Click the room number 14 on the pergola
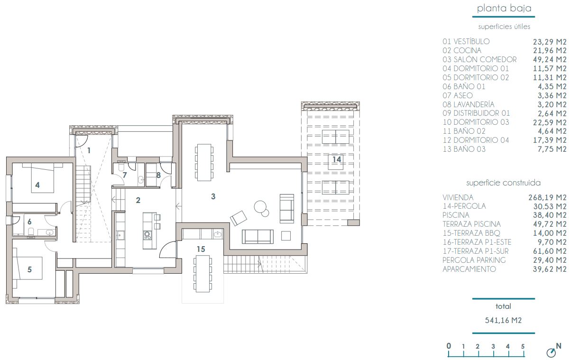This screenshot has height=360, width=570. click(336, 159)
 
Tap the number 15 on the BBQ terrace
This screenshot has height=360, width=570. click(201, 249)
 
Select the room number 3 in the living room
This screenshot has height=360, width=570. click(213, 196)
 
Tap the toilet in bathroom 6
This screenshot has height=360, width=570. click(31, 231)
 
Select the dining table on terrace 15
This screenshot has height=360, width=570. click(202, 275)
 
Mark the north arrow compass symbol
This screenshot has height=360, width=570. click(551, 352)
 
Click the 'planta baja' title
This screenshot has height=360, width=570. click(504, 8)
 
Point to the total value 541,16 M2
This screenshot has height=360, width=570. click(503, 320)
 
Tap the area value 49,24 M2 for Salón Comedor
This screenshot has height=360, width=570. click(548, 59)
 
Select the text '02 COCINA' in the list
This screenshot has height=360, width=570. click(462, 50)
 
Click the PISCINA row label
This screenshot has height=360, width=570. click(456, 215)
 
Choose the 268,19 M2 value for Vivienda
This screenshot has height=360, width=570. click(547, 197)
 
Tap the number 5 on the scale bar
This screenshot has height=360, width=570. click(523, 346)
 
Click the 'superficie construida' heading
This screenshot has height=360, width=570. click(504, 183)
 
